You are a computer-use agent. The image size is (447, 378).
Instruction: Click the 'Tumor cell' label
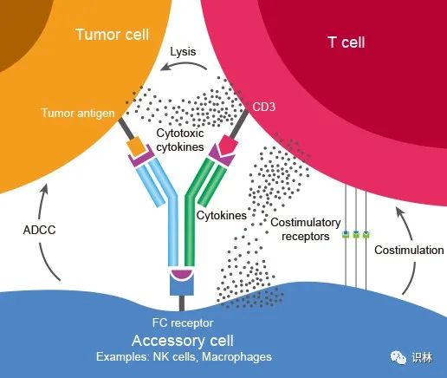(x=112, y=35)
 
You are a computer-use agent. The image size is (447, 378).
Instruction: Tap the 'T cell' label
(x=347, y=42)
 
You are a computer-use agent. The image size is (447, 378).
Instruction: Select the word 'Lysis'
(x=183, y=52)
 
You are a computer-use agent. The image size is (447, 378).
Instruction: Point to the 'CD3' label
(x=263, y=107)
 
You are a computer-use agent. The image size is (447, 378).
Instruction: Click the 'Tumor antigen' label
(x=78, y=113)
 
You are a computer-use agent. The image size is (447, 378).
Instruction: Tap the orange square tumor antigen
(x=136, y=147)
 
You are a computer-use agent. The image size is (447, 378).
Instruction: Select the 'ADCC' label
(x=39, y=230)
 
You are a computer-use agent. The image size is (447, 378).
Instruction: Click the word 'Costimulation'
(x=409, y=250)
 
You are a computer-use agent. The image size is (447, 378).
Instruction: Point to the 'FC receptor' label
(x=183, y=323)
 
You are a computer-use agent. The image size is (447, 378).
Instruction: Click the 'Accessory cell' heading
(x=183, y=341)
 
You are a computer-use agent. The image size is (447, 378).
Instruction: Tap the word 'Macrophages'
(x=236, y=356)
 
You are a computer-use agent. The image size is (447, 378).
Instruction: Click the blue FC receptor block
(x=182, y=283)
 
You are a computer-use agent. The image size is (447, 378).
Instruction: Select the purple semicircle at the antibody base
(x=182, y=274)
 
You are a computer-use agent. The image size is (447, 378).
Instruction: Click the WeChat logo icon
(x=398, y=357)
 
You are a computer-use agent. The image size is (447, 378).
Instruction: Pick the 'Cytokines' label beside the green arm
(x=222, y=215)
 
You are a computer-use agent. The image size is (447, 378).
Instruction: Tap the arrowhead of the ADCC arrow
(x=44, y=189)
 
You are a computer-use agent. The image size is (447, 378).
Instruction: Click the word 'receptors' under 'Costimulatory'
(x=306, y=237)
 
